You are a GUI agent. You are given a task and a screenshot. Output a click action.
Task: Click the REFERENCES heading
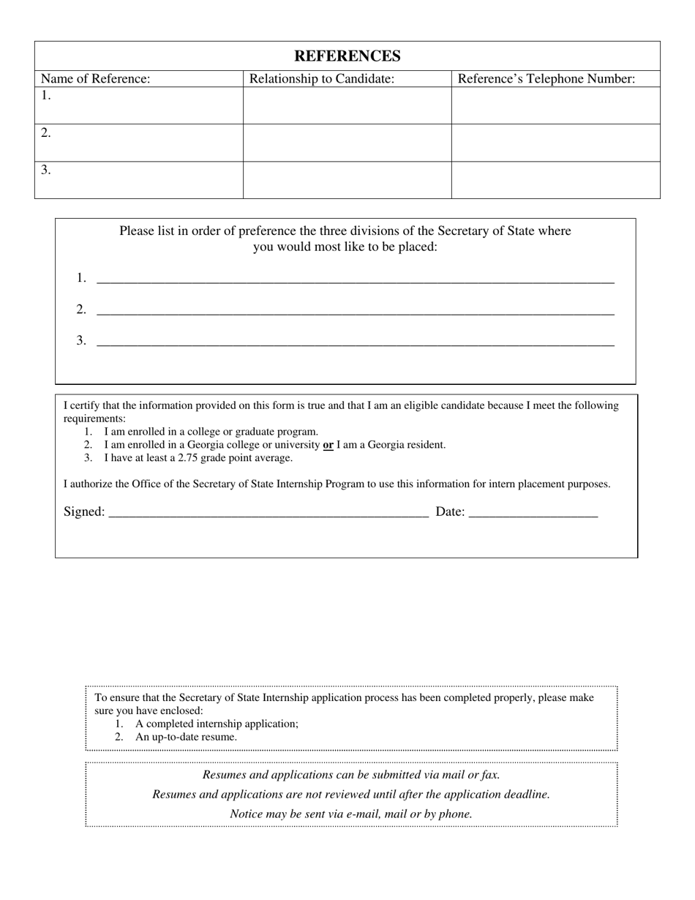click(347, 56)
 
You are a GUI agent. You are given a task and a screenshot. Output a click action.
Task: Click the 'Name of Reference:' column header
click(95, 79)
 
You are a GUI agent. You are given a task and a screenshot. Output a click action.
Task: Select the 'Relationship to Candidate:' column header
click(322, 79)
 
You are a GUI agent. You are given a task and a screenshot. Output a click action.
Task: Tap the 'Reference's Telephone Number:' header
click(546, 79)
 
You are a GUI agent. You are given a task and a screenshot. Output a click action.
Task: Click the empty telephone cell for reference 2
click(555, 143)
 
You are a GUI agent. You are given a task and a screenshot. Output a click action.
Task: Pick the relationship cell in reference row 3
click(347, 180)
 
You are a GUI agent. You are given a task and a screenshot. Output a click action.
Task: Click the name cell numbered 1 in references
click(139, 105)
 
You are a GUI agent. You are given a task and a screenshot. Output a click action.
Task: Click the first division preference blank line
click(355, 280)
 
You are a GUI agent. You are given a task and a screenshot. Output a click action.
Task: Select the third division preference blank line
click(355, 342)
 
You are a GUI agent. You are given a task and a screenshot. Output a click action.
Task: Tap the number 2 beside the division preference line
click(81, 310)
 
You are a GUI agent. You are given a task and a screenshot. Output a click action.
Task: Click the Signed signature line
click(268, 513)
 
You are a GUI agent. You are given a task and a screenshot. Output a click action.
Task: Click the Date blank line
click(533, 513)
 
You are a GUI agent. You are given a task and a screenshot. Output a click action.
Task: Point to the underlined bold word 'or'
click(328, 445)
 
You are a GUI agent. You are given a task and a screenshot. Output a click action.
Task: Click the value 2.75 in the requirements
click(189, 458)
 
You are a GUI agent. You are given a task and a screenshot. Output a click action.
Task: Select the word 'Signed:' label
click(84, 512)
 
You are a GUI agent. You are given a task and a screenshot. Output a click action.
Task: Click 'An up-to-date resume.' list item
click(186, 737)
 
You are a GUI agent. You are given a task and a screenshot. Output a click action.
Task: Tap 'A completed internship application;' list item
click(217, 724)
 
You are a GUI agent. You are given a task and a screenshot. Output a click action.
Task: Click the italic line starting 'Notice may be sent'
click(351, 814)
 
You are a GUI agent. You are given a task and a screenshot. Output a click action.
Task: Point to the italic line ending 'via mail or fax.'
click(351, 775)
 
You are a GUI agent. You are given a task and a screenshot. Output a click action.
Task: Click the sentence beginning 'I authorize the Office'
click(337, 484)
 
